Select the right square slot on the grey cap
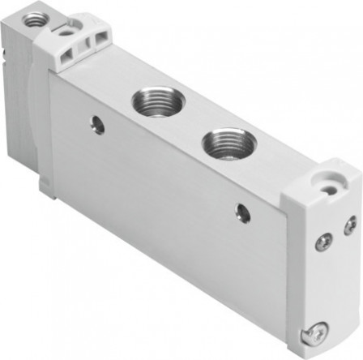[101, 40]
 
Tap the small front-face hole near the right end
[241, 213]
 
